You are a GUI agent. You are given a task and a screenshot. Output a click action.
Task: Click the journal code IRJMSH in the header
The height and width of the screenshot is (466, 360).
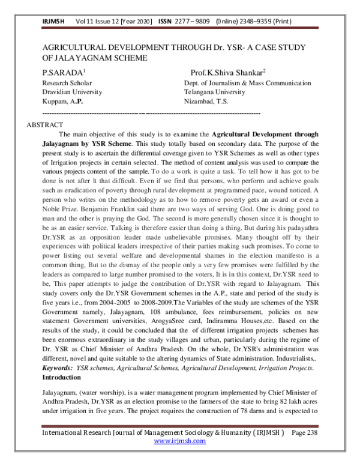point(53,22)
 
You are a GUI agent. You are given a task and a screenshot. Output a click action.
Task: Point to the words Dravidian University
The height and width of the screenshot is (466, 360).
point(71,92)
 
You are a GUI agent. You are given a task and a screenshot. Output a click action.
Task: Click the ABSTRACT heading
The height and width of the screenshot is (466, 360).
point(45,124)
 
